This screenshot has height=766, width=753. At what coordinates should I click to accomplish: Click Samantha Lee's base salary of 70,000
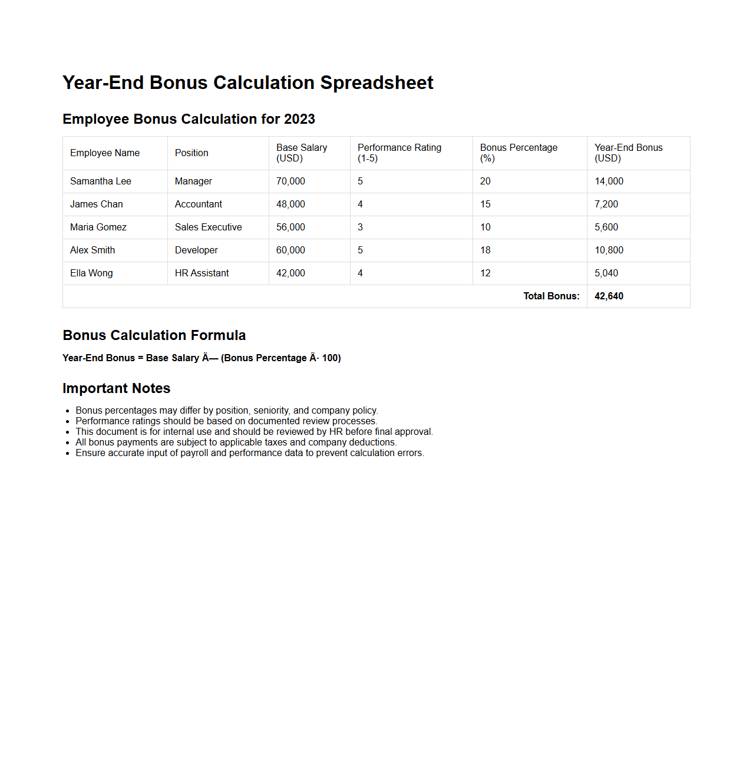pyautogui.click(x=290, y=181)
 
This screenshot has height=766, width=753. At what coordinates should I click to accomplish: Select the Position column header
pyautogui.click(x=191, y=153)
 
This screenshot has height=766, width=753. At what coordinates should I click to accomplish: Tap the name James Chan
pyautogui.click(x=97, y=204)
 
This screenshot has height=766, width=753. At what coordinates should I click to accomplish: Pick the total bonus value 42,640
pyautogui.click(x=609, y=296)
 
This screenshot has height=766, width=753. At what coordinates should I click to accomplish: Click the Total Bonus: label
pyautogui.click(x=551, y=296)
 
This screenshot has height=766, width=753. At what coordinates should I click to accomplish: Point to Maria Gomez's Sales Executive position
pyautogui.click(x=208, y=227)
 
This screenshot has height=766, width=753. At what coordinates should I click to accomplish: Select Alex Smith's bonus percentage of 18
pyautogui.click(x=485, y=250)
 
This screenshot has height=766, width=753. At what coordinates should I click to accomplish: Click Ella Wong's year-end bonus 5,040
pyautogui.click(x=606, y=273)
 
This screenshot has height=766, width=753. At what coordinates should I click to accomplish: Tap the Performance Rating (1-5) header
pyautogui.click(x=399, y=153)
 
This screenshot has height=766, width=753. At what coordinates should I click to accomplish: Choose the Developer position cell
pyautogui.click(x=196, y=250)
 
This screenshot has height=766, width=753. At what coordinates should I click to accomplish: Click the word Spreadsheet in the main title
pyautogui.click(x=376, y=83)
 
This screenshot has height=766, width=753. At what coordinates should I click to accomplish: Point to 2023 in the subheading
pyautogui.click(x=299, y=119)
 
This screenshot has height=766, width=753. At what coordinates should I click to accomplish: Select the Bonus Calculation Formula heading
pyautogui.click(x=154, y=335)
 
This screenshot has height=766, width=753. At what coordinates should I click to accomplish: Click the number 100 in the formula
pyautogui.click(x=330, y=358)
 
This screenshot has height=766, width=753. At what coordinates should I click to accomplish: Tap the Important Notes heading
pyautogui.click(x=116, y=388)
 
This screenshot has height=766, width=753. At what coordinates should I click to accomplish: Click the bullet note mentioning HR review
pyautogui.click(x=254, y=432)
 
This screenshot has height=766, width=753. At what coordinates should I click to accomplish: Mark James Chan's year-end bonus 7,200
pyautogui.click(x=606, y=204)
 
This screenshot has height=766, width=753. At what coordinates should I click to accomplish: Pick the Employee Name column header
pyautogui.click(x=105, y=153)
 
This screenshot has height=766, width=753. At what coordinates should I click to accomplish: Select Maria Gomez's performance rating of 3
pyautogui.click(x=360, y=227)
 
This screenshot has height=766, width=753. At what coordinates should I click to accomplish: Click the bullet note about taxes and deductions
pyautogui.click(x=236, y=443)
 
